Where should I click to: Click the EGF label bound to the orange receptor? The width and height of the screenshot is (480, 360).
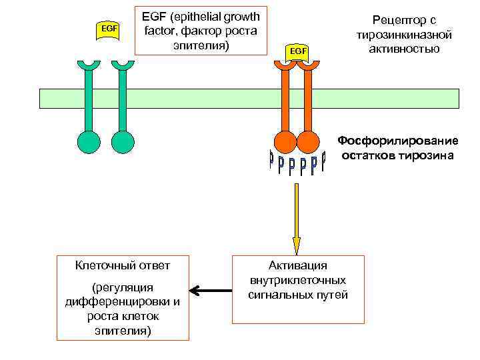point(297,51)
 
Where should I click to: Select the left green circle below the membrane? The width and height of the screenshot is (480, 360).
point(87,141)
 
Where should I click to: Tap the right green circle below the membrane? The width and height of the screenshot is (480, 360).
point(123,141)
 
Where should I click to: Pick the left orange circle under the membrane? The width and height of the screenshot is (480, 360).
point(285,141)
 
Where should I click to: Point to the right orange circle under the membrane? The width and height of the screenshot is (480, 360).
point(308,141)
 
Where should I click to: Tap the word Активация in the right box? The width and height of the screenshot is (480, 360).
point(298,265)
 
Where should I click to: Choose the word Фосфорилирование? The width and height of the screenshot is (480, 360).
point(398,141)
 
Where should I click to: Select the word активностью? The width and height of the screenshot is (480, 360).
point(404,49)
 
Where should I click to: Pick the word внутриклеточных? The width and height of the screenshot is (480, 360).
point(298,280)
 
